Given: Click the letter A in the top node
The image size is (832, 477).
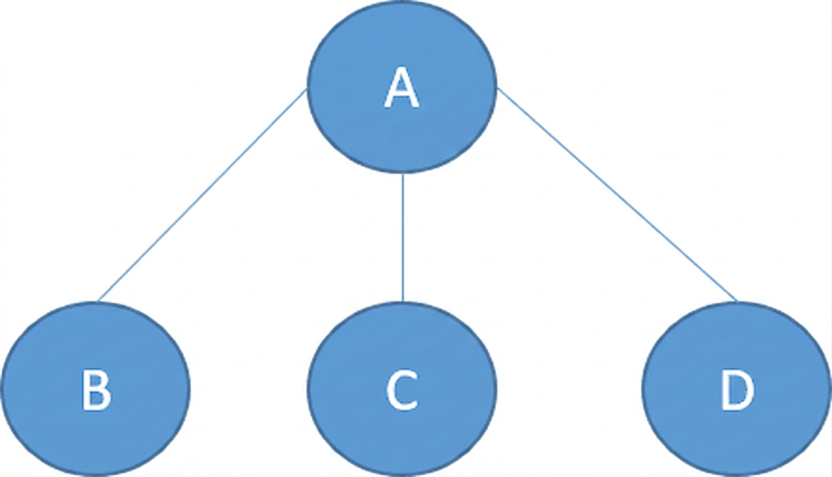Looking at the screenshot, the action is pos(401,88).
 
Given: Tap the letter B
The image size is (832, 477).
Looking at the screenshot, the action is pos(96,390).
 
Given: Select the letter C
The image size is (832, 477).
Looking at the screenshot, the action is pos(402,390).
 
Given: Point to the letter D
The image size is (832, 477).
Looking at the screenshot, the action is pos(737,390).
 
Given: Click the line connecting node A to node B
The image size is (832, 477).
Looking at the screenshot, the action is pos(202,195).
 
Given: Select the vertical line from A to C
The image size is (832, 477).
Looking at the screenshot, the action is pos(403,238).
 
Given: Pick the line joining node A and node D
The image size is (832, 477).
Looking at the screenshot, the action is pos(617,194).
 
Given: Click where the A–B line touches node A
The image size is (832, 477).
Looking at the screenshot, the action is pos(307,89).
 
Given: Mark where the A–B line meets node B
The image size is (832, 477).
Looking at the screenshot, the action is pos(97,302).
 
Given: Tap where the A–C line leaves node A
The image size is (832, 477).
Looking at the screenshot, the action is pos(403,173).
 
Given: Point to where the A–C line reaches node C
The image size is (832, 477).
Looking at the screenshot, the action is pos(403,302).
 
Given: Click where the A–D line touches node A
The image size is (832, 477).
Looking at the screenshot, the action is pos(497,88).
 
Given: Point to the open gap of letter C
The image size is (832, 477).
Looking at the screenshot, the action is pos(414,390).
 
